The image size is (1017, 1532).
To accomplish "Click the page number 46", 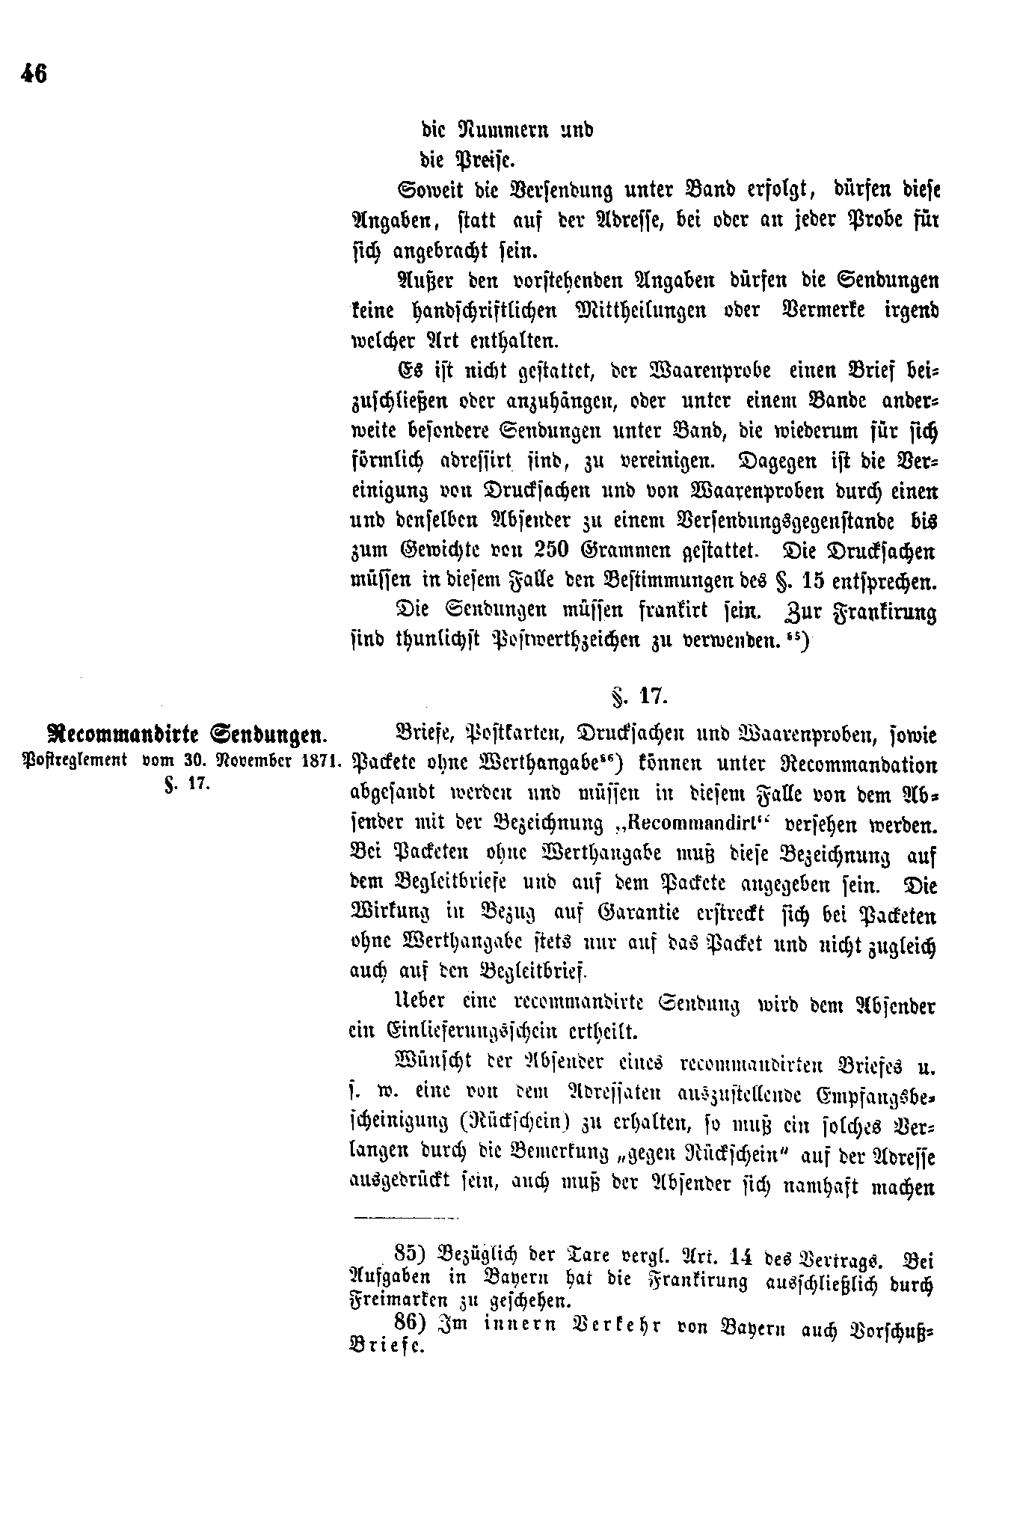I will coord(34,74).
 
